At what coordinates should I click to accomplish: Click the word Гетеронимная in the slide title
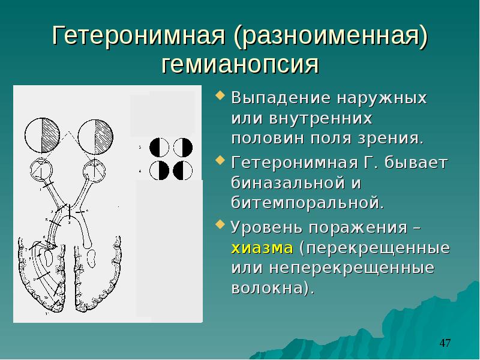point(139,35)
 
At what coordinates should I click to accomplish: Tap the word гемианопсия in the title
point(240,65)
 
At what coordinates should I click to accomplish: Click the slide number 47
point(445,343)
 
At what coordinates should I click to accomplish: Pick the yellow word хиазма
point(262,248)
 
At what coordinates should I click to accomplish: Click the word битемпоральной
point(307,202)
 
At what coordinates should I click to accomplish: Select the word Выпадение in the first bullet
point(281,98)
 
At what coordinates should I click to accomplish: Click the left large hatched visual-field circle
point(42,136)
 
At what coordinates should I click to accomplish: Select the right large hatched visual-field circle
point(95,137)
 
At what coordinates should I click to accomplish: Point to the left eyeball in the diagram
point(41,170)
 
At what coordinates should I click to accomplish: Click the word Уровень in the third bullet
point(267,228)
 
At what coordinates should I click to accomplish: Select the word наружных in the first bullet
point(382,98)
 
